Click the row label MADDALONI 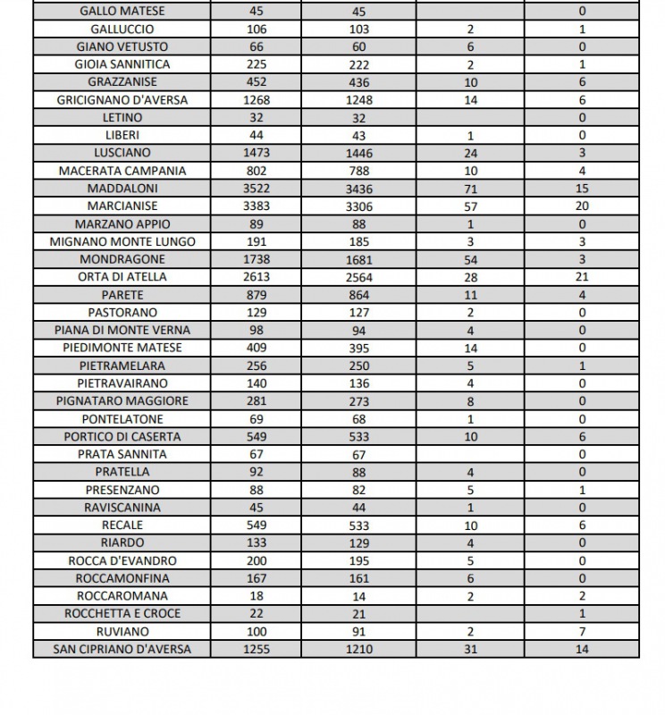[122, 189]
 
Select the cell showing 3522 [257, 189]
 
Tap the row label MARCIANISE [122, 206]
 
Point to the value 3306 [359, 206]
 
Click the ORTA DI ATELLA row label [122, 277]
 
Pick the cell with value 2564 [359, 277]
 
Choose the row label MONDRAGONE [122, 259]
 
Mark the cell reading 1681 [359, 259]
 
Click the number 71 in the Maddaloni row [471, 189]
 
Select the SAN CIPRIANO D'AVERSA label [122, 649]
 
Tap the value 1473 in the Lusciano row [257, 153]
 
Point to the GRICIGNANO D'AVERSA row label [122, 100]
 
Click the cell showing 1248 [359, 100]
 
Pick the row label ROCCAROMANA [122, 596]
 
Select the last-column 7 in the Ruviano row [582, 631]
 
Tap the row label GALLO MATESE [122, 12]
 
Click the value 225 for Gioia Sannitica [257, 64]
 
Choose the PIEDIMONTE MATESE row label [122, 348]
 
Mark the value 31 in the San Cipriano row [471, 649]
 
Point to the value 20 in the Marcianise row [582, 206]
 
